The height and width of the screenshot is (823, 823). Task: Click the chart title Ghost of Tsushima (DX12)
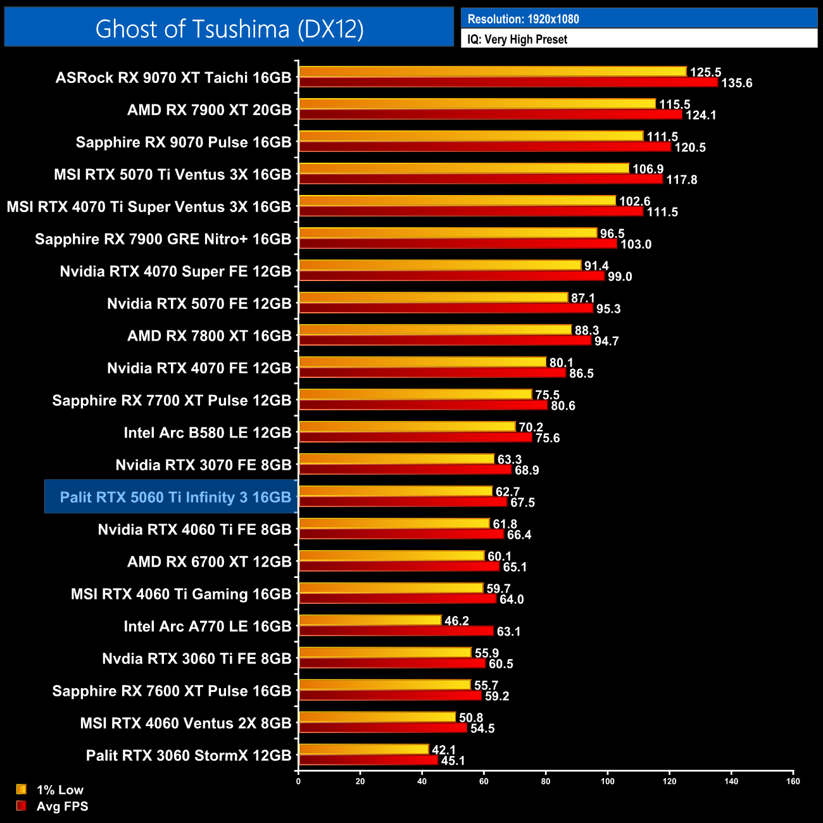(x=229, y=28)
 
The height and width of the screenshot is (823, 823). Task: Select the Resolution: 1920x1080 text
(x=523, y=19)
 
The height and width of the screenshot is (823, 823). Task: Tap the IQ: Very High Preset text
(x=517, y=39)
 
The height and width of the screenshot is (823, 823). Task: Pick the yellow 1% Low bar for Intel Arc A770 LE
(x=370, y=620)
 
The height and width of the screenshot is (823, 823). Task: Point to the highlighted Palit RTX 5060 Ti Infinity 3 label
(x=175, y=498)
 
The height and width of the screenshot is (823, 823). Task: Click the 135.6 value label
(x=736, y=84)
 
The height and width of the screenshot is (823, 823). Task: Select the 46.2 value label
(x=456, y=621)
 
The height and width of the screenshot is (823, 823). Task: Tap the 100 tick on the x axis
(x=607, y=781)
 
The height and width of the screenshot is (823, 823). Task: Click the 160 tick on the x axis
(x=793, y=781)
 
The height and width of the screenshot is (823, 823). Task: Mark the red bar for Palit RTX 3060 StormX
(x=368, y=760)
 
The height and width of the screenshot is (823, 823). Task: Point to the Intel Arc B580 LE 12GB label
(x=207, y=433)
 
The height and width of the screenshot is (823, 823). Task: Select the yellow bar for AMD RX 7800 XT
(x=435, y=330)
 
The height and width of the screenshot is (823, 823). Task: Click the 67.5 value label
(x=522, y=503)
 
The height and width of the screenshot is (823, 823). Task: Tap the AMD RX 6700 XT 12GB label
(x=209, y=562)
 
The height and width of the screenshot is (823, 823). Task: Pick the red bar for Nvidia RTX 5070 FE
(x=446, y=308)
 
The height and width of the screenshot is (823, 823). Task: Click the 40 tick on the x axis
(x=422, y=781)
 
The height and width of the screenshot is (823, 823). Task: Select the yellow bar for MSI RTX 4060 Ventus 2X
(x=377, y=717)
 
